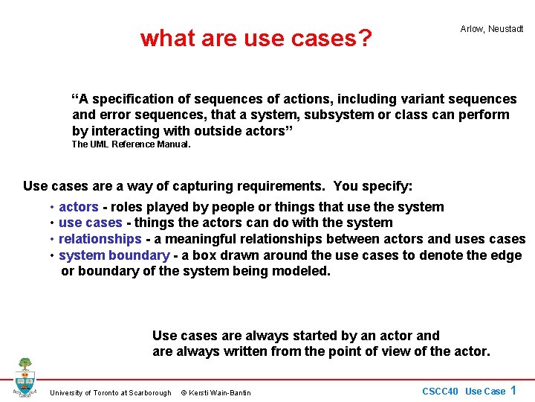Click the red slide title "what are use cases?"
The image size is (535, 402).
[256, 38]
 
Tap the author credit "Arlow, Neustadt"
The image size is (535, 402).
[491, 29]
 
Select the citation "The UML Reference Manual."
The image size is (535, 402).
[131, 144]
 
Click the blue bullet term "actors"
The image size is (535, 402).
[78, 207]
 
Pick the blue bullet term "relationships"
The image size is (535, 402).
[100, 239]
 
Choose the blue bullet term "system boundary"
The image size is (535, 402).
[114, 255]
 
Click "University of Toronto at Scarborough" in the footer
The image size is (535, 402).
[110, 393]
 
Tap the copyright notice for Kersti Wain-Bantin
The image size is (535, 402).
[216, 393]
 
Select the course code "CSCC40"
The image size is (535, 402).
[440, 392]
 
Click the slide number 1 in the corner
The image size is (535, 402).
[513, 390]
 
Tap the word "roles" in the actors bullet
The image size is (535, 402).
[127, 207]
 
